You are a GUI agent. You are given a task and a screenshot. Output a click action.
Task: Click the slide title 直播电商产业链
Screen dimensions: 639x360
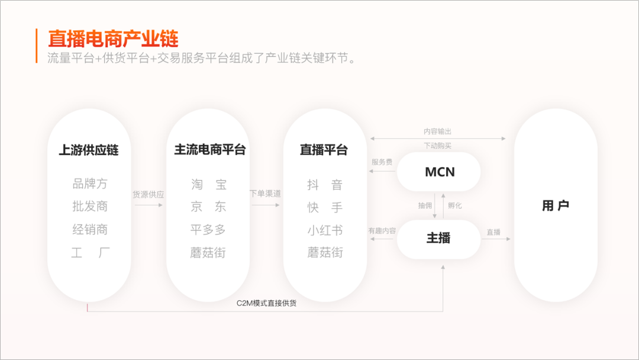pyautogui.click(x=113, y=39)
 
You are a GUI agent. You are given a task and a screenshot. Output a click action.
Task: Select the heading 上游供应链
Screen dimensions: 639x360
pyautogui.click(x=89, y=150)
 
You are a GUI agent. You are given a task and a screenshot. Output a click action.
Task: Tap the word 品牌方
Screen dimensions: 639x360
pyautogui.click(x=90, y=184)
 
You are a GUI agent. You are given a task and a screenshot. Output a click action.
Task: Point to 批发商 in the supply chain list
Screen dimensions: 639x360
pyautogui.click(x=90, y=206)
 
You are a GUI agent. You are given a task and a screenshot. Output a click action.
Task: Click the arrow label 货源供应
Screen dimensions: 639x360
pyautogui.click(x=149, y=194)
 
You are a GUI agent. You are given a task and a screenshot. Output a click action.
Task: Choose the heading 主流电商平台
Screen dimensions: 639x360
pyautogui.click(x=210, y=150)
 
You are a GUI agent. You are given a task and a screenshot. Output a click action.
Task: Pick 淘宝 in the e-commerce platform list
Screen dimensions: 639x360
pyautogui.click(x=209, y=185)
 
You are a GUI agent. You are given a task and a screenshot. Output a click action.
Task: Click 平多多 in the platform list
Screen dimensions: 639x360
pyautogui.click(x=208, y=230)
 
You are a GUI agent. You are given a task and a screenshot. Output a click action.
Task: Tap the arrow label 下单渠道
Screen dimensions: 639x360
pyautogui.click(x=265, y=193)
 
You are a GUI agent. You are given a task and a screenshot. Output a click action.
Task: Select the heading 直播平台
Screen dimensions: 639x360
pyautogui.click(x=324, y=150)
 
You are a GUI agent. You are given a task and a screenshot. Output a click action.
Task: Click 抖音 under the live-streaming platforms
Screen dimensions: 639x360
pyautogui.click(x=325, y=185)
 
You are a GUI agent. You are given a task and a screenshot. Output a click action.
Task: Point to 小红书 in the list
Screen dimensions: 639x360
pyautogui.click(x=325, y=230)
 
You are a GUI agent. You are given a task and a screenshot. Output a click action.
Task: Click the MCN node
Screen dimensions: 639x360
pyautogui.click(x=439, y=172)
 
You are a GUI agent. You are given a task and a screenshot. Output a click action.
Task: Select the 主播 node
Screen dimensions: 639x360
pyautogui.click(x=438, y=239)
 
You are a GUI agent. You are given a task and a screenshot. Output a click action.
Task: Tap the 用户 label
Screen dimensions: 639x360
pyautogui.click(x=556, y=205)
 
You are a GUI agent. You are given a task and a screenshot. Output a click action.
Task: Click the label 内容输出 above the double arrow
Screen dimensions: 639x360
pyautogui.click(x=438, y=131)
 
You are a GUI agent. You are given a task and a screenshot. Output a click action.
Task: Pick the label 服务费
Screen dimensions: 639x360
pyautogui.click(x=382, y=162)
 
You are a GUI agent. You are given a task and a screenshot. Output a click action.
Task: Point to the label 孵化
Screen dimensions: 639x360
pyautogui.click(x=455, y=205)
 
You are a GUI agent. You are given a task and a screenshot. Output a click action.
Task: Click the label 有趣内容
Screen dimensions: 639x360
pyautogui.click(x=382, y=231)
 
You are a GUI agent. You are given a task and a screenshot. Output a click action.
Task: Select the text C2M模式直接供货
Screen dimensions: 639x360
pyautogui.click(x=266, y=303)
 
